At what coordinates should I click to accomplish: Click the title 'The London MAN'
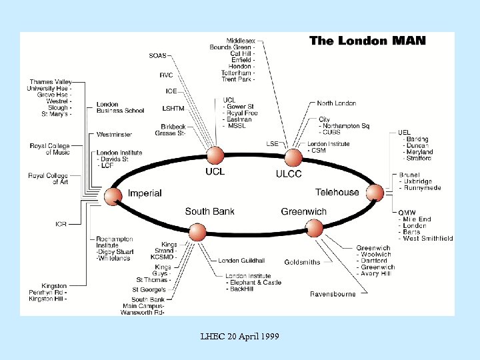(x=367, y=41)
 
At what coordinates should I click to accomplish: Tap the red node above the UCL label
(x=215, y=156)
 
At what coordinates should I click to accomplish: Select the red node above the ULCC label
(x=293, y=158)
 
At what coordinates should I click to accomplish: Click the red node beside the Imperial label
(x=113, y=195)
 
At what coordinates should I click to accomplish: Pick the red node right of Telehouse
(x=375, y=193)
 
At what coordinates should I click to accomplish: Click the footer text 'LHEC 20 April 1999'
(x=240, y=336)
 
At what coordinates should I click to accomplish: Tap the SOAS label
(x=158, y=55)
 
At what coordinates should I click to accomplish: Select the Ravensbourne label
(x=333, y=293)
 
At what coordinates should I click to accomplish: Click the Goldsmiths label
(x=302, y=262)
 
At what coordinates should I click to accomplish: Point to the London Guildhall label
(x=241, y=260)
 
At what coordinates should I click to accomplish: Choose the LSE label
(x=272, y=143)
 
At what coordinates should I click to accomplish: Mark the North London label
(x=336, y=103)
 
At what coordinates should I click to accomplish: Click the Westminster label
(x=114, y=134)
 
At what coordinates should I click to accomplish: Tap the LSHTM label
(x=173, y=108)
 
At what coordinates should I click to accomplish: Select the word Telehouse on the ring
(x=337, y=193)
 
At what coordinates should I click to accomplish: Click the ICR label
(x=61, y=224)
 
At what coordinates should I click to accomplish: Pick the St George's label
(x=148, y=289)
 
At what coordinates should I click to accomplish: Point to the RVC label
(x=166, y=75)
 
